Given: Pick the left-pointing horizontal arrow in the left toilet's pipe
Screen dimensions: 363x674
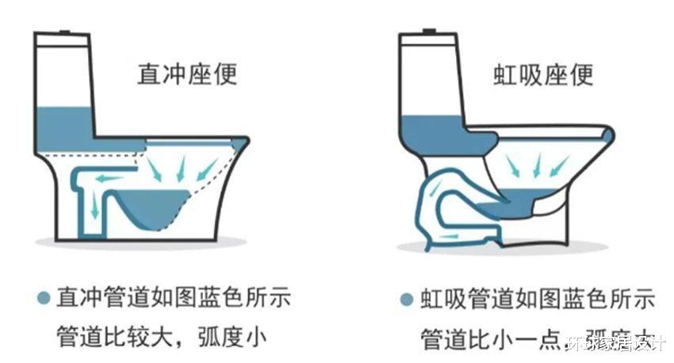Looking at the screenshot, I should click(x=110, y=178).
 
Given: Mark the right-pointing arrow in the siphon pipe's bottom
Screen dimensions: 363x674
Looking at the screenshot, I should click(x=450, y=236).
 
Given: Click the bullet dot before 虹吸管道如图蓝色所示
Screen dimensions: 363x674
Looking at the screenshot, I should click(x=406, y=300).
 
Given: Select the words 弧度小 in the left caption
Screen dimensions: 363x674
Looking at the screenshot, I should click(x=237, y=336).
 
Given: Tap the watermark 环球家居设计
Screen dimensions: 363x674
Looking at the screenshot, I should click(x=616, y=344).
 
